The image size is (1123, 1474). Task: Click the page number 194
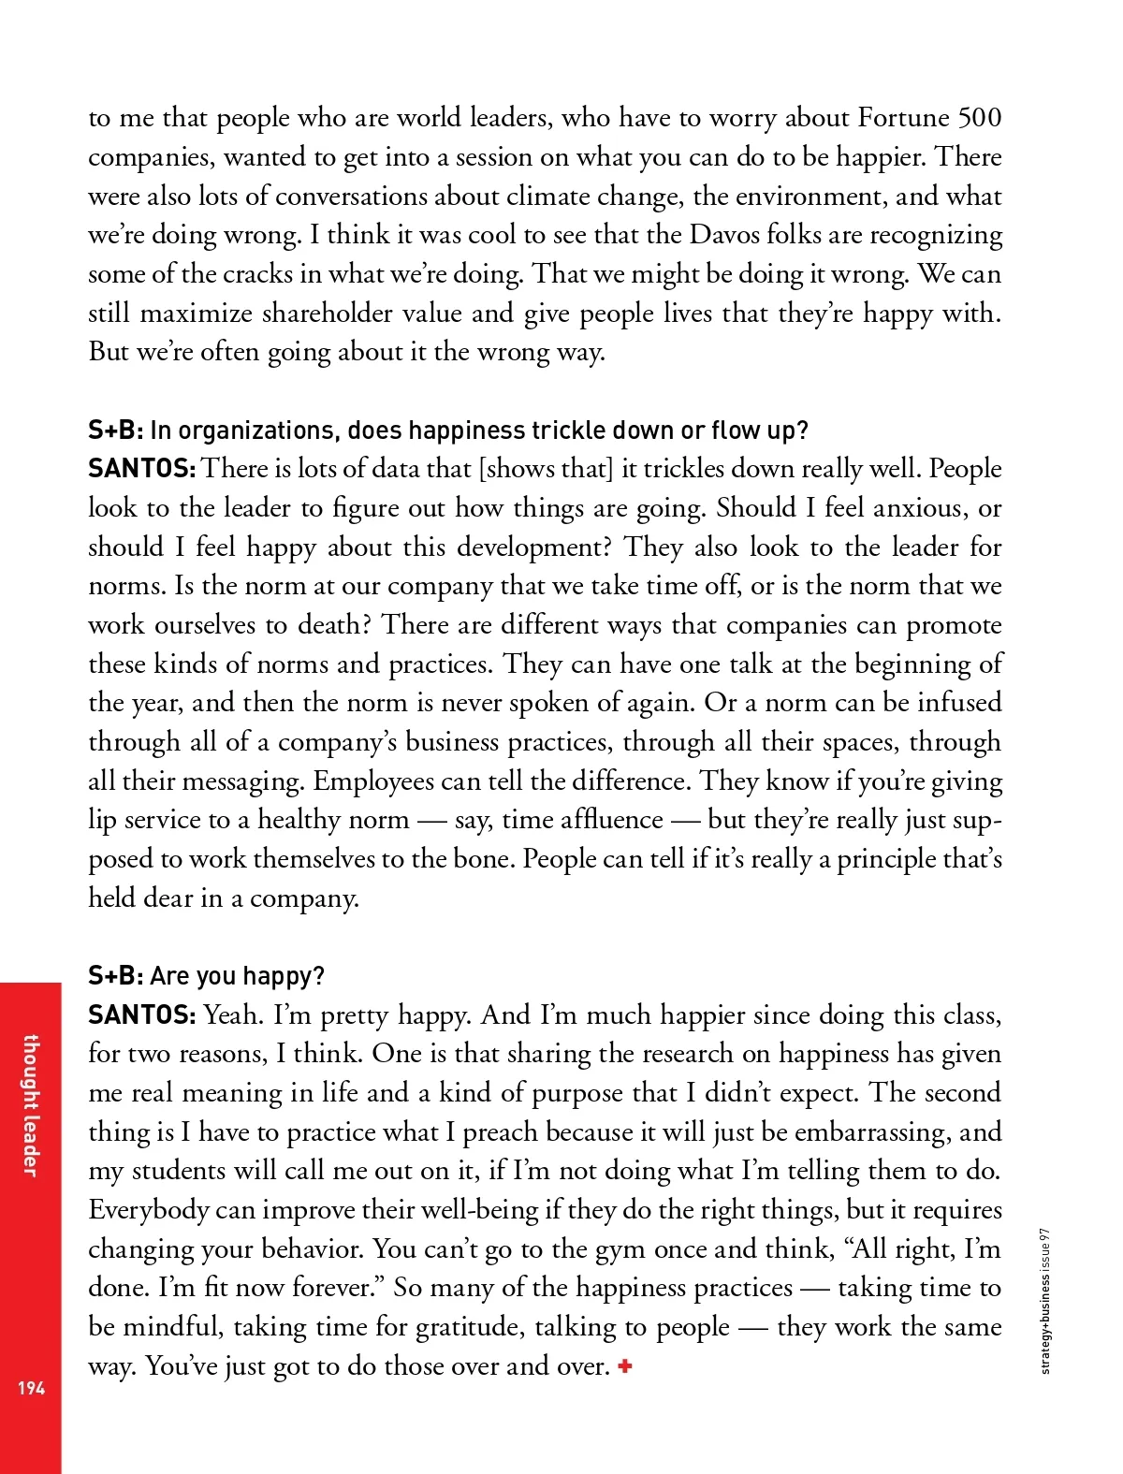[x=31, y=1387]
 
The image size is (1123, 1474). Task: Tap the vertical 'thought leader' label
[x=31, y=1104]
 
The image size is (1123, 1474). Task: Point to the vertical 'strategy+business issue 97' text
[x=1045, y=1301]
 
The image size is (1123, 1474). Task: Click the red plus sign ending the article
[x=625, y=1366]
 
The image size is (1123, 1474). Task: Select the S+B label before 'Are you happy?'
[x=115, y=976]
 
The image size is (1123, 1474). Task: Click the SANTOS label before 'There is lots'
[x=141, y=469]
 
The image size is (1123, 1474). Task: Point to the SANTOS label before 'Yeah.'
[x=141, y=1015]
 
